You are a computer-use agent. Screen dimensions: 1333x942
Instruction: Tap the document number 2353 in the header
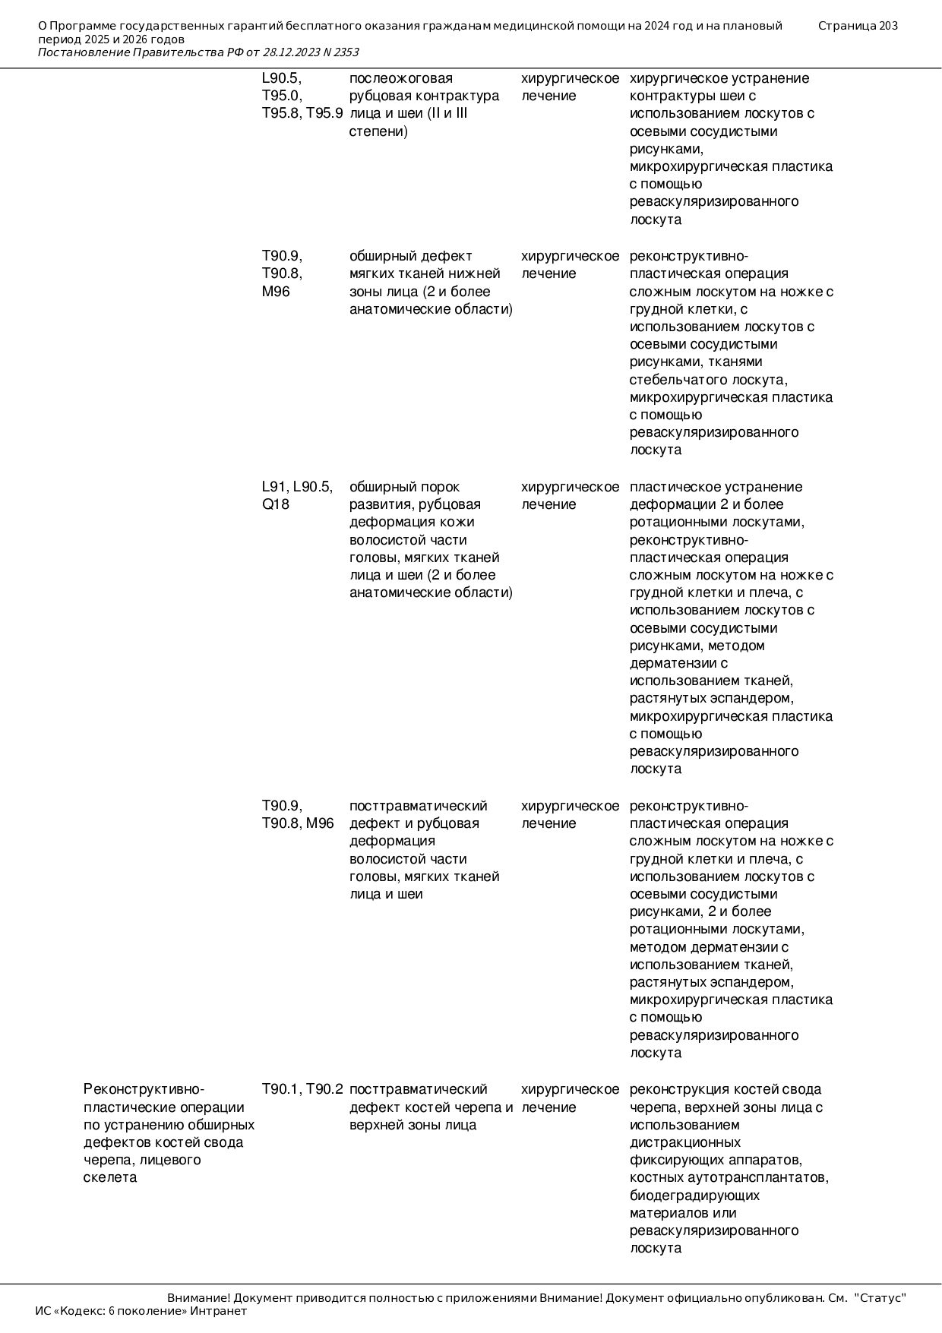tap(346, 52)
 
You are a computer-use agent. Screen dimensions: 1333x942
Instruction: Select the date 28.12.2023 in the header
tap(292, 52)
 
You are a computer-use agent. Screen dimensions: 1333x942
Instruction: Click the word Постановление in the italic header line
tap(84, 52)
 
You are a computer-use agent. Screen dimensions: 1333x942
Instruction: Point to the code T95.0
tap(282, 96)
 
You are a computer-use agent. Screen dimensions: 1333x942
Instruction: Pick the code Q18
tap(275, 505)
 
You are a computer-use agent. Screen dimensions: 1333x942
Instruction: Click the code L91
tap(274, 487)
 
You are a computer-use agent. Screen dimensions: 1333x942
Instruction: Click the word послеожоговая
tap(400, 78)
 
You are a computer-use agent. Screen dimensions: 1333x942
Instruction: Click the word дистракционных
tap(685, 1142)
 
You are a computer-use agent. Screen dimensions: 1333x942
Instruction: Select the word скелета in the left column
tap(110, 1178)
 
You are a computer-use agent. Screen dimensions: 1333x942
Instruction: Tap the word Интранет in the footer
tap(219, 1311)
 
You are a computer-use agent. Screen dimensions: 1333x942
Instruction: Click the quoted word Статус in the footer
tap(880, 1298)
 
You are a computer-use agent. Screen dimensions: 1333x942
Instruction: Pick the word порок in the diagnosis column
tap(442, 487)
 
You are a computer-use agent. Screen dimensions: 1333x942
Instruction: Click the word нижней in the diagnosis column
tap(478, 273)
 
